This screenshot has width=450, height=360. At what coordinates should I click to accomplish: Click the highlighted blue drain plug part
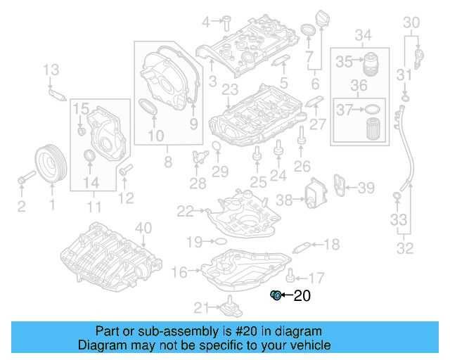(x=276, y=295)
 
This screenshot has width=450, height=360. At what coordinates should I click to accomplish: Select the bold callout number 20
(x=301, y=296)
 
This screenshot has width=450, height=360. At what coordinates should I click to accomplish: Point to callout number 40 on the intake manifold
(x=143, y=227)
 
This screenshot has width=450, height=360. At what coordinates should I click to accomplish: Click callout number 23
(x=229, y=89)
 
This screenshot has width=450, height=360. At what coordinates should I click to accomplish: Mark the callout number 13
(x=51, y=69)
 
